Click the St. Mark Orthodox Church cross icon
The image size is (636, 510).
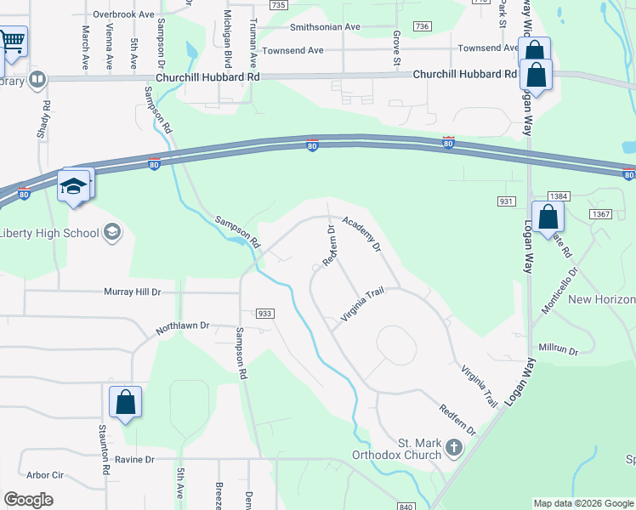pos(454,446)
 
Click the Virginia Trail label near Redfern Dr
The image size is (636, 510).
pos(363,305)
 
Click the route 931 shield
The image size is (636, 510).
pos(507,201)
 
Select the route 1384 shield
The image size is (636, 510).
pos(558,196)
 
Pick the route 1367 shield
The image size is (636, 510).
pos(601,214)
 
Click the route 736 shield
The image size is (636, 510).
pos(422,27)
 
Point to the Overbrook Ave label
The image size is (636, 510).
pos(124,14)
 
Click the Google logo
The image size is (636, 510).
pos(28,500)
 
